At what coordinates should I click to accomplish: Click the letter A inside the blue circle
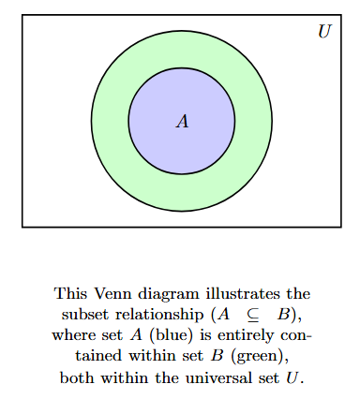pyautogui.click(x=182, y=121)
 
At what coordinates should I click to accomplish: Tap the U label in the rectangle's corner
pyautogui.click(x=324, y=32)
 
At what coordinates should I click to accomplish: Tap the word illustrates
pyautogui.click(x=235, y=293)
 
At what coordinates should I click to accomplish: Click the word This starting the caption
pyautogui.click(x=68, y=293)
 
